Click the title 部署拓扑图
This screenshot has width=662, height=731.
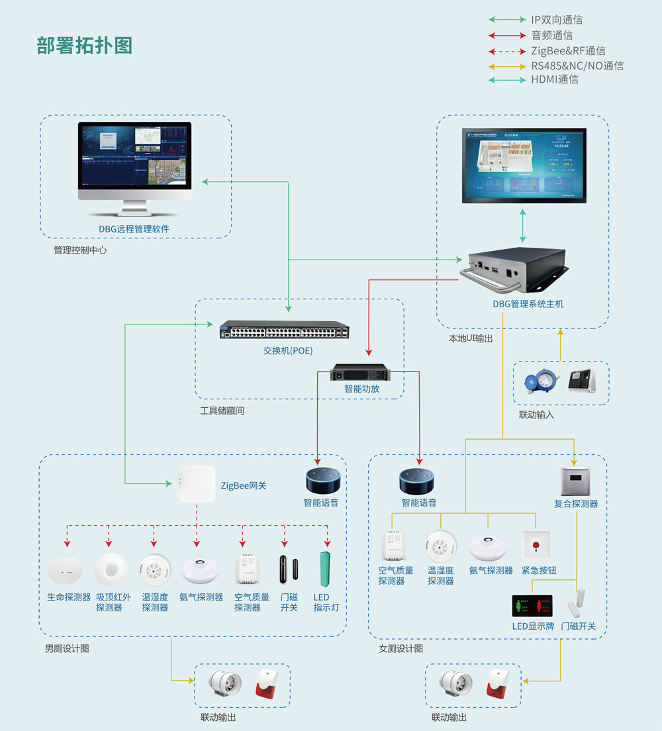pos(85,46)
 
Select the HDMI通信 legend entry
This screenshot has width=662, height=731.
pos(554,79)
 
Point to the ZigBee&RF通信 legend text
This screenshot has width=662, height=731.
pos(568,51)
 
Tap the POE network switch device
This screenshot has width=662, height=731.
pos(285,330)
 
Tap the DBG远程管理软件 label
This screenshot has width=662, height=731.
pos(134,229)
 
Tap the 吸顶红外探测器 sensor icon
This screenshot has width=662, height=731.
pos(111,568)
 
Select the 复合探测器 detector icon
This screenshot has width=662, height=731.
pos(575,481)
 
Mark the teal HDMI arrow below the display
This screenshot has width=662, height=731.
pos(523,225)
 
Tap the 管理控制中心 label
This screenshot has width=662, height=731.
pos(80,250)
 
